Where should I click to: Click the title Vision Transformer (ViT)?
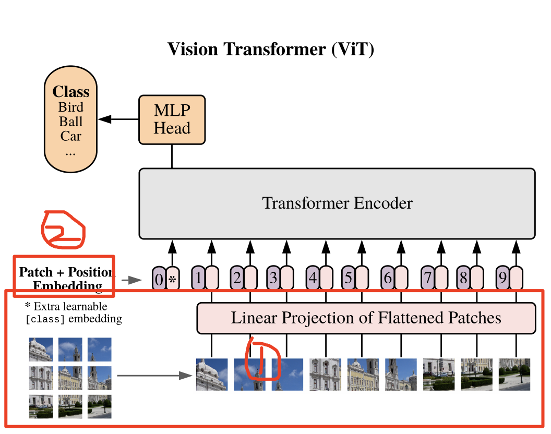[x=270, y=50]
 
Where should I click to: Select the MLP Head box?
[x=172, y=119]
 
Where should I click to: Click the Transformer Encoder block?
[x=337, y=203]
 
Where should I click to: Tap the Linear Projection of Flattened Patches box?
[x=366, y=318]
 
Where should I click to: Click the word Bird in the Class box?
[x=70, y=107]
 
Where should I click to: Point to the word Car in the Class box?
[x=70, y=136]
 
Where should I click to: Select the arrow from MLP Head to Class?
[x=118, y=119]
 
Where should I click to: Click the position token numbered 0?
[x=159, y=280]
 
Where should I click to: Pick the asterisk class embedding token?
[x=172, y=280]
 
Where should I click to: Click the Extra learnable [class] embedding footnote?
[x=73, y=312]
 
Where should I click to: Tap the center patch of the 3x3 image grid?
[x=70, y=378]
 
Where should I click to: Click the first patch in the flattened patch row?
[x=211, y=374]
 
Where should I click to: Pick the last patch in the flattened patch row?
[x=514, y=374]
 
